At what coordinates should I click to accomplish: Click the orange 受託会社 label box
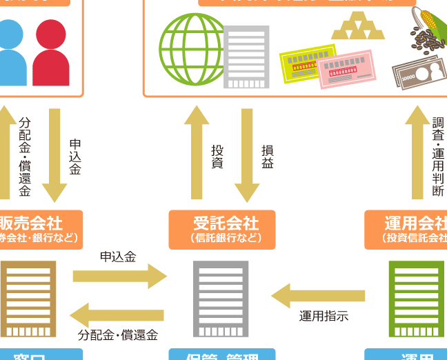click(x=222, y=230)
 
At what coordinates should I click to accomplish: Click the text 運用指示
click(x=324, y=317)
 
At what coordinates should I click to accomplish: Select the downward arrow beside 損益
click(x=247, y=155)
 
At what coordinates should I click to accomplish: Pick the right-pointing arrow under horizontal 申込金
click(x=119, y=277)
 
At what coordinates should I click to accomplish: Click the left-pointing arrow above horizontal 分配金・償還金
click(x=118, y=314)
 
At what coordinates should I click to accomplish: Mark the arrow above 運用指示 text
click(x=317, y=296)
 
